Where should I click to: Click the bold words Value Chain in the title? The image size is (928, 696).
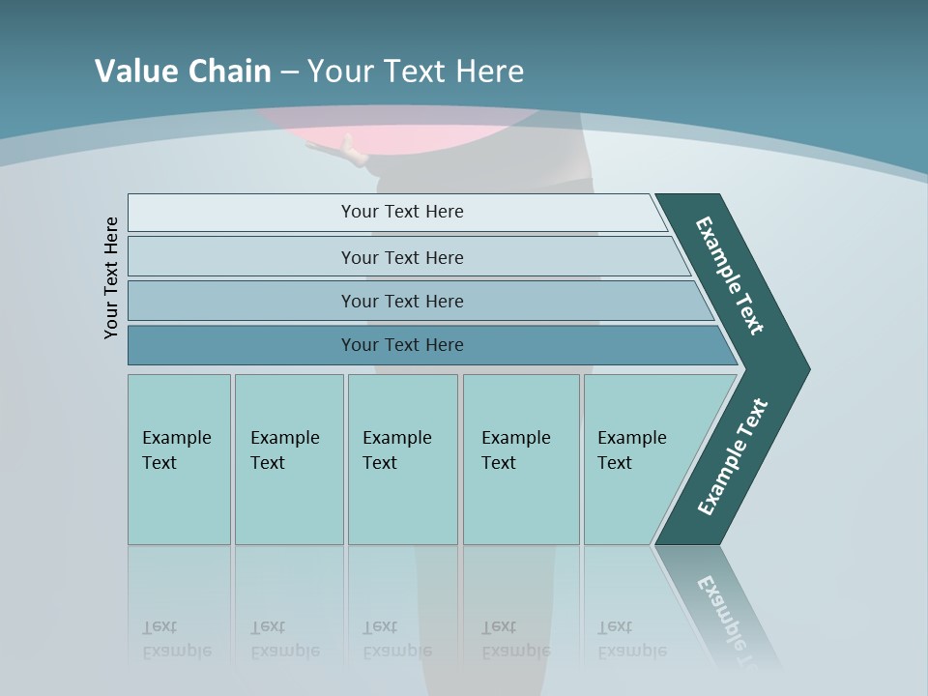[183, 72]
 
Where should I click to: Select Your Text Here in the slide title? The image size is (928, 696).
[416, 72]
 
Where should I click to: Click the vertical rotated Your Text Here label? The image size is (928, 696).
[111, 277]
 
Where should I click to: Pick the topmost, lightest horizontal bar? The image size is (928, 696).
[401, 212]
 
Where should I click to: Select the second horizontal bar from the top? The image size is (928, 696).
[401, 257]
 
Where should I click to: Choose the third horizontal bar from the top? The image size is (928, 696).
[401, 301]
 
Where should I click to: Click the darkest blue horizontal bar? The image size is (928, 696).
[401, 345]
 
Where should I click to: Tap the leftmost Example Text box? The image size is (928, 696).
[179, 459]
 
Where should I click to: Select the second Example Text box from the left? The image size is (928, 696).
[289, 459]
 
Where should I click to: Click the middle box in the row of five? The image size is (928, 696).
[402, 459]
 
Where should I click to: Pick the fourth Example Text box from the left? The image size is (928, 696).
[521, 459]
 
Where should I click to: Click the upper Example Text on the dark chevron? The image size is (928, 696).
[730, 275]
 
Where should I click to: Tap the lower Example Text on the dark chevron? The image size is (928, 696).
[733, 456]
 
